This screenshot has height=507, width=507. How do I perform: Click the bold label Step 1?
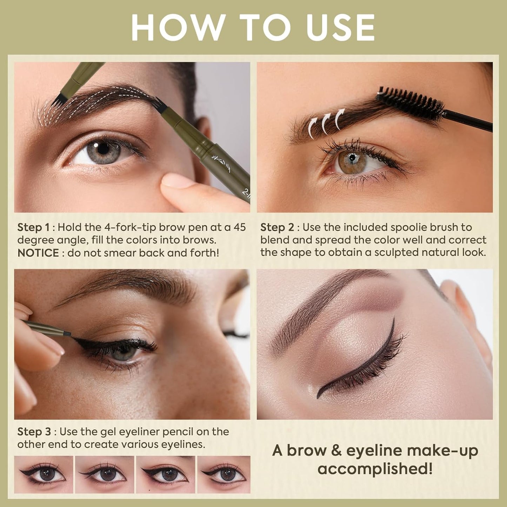point(33,227)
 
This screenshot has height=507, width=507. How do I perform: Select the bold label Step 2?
point(277,227)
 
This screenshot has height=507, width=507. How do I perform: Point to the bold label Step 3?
point(34,432)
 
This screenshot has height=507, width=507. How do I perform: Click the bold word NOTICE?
point(38,253)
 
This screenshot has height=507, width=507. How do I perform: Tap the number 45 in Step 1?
point(239,227)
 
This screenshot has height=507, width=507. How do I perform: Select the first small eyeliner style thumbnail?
point(44,474)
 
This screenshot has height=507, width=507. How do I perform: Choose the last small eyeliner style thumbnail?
point(224,474)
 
